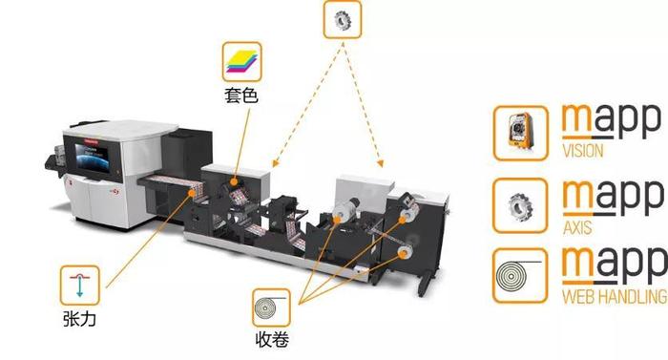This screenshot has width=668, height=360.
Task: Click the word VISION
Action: click(582, 152)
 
